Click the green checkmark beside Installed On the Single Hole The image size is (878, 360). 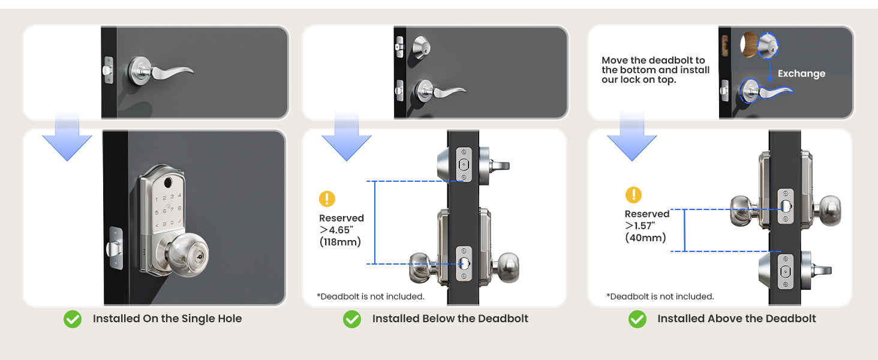point(73,319)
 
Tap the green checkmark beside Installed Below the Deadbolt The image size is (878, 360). point(352,319)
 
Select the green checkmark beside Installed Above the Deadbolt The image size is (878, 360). point(638,319)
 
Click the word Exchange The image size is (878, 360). point(801,74)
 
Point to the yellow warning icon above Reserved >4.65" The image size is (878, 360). point(327,199)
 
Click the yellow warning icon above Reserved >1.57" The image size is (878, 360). point(633,195)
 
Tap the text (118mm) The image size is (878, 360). point(340,242)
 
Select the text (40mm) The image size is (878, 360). point(645,238)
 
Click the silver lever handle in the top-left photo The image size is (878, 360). point(162,70)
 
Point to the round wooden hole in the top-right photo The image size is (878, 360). point(750,46)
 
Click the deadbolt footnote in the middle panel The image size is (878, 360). point(371,296)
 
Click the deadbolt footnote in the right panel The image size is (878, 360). point(660,296)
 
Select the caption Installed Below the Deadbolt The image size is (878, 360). point(450,319)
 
